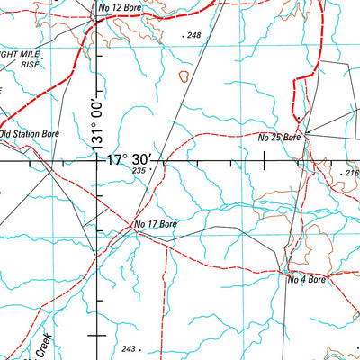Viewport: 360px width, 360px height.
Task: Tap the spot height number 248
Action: pos(194,35)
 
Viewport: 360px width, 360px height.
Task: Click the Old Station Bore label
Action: pos(30,133)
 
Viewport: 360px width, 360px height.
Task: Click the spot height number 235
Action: pos(138,170)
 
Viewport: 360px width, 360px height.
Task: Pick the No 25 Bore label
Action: pos(278,138)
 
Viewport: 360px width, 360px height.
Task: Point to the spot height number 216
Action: pos(351,173)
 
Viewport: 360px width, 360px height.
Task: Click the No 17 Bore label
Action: pos(154,223)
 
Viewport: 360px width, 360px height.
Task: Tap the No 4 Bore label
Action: pos(306,280)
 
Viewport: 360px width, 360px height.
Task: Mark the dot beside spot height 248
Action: pos(184,36)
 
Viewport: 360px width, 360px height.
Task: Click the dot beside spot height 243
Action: pos(140,349)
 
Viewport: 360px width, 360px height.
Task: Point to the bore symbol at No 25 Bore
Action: pos(304,134)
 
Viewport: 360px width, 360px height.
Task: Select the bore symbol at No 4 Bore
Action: pos(284,272)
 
